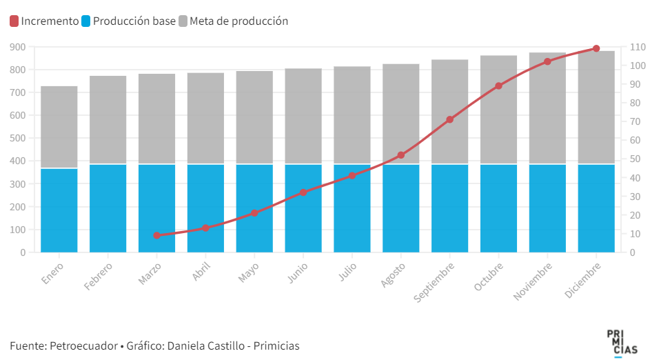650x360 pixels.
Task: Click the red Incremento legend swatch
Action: tap(14, 21)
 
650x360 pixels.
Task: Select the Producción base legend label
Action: tap(134, 21)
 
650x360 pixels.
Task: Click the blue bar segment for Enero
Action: tap(59, 210)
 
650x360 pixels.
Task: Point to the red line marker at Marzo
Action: tap(157, 235)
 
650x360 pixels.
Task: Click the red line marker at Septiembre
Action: tap(449, 119)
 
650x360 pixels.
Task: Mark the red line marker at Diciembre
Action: tap(596, 48)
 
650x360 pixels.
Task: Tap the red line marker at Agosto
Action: tap(401, 155)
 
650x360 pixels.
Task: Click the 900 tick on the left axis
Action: tap(18, 47)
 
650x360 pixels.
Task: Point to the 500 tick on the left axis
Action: tap(18, 138)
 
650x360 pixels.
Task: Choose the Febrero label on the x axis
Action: tap(98, 275)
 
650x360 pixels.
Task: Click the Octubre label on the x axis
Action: tap(489, 275)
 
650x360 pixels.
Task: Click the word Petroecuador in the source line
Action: tap(82, 346)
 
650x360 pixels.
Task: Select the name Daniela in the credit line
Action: tap(186, 346)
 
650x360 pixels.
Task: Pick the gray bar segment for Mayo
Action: tap(254, 117)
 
